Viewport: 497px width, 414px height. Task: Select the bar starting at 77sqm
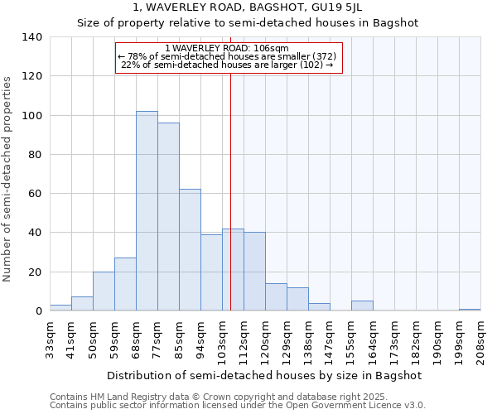pos(168,217)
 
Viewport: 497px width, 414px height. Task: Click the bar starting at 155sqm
pos(362,306)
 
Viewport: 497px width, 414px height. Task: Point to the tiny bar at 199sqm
pos(470,310)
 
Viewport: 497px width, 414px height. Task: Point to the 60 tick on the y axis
pos(35,194)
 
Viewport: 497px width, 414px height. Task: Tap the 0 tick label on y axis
pos(38,311)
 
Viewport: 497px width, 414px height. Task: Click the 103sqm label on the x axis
pos(222,337)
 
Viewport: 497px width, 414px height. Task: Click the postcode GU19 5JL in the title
pos(331,7)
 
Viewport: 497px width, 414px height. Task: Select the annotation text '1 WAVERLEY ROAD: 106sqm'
pos(227,48)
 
